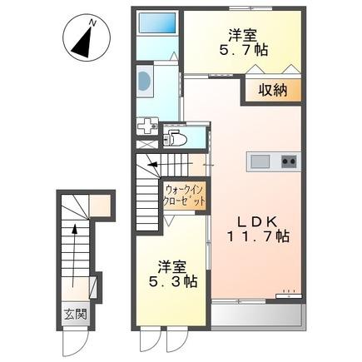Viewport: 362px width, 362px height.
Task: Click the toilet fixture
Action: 176,136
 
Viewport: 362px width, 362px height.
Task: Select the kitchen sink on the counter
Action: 257,160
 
